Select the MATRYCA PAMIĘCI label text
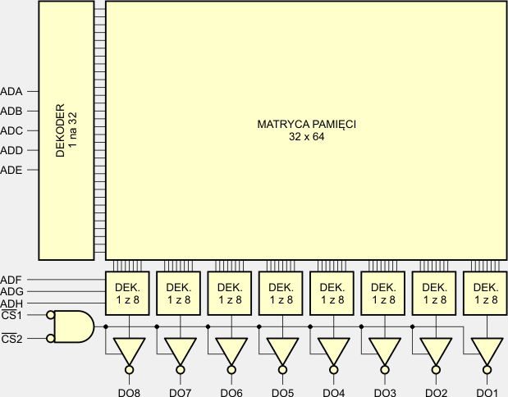tap(306, 124)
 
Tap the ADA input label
tap(11, 91)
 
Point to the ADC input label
tap(11, 130)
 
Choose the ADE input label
tap(11, 170)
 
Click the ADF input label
tap(11, 280)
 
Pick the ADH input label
tap(11, 303)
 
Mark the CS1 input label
tap(11, 315)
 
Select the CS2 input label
tap(11, 339)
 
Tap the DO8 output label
tap(129, 393)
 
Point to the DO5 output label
tap(282, 393)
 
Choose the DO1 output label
tap(487, 393)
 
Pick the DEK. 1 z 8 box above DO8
tap(126, 294)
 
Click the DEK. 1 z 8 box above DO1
tap(484, 294)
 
